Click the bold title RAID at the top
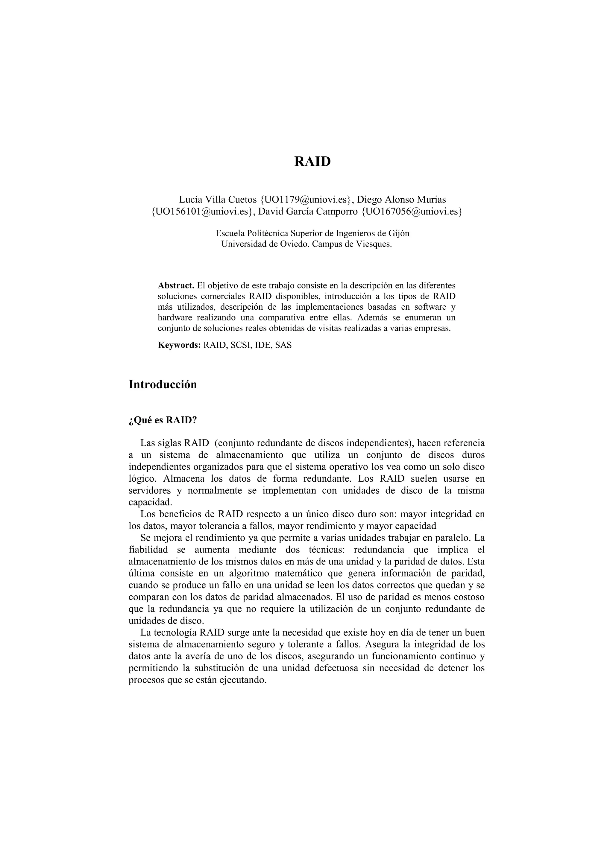pos(312,161)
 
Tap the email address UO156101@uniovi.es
pos(202,212)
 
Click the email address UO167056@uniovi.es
pos(411,212)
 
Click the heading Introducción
pos(163,384)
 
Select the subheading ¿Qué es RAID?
pos(163,420)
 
